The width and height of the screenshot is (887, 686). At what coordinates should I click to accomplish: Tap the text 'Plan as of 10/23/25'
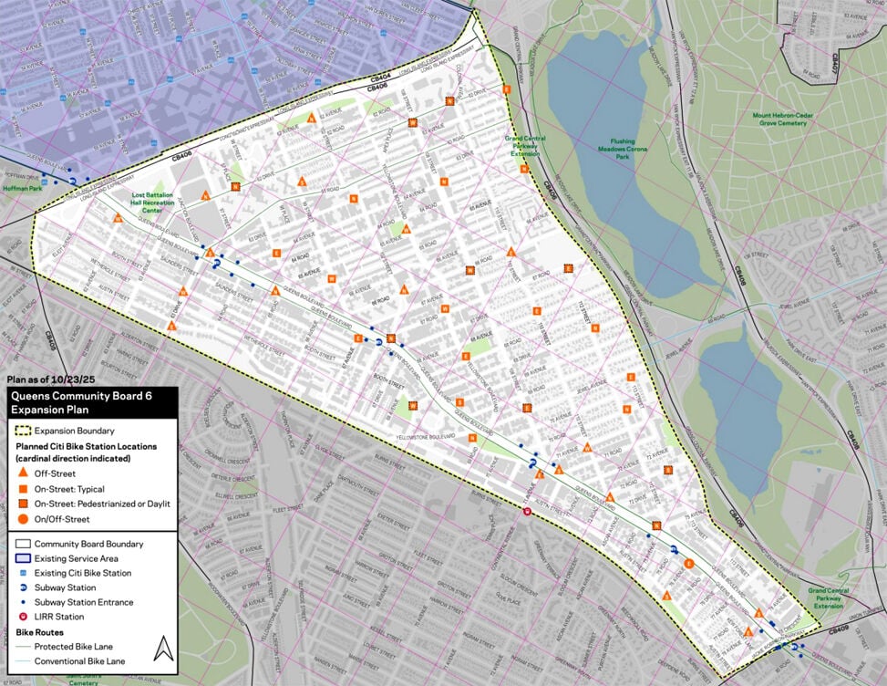point(50,380)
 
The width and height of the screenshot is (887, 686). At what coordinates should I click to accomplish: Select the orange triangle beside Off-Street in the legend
point(23,473)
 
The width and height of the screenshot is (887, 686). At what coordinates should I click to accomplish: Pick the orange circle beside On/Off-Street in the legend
point(23,519)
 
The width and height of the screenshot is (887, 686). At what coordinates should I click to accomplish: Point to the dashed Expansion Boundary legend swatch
point(23,431)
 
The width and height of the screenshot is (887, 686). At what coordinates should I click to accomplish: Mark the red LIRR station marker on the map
point(527,512)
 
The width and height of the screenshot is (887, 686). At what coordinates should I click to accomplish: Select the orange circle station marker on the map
point(689,564)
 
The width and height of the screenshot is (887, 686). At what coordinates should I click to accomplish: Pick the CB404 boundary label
point(380,76)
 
